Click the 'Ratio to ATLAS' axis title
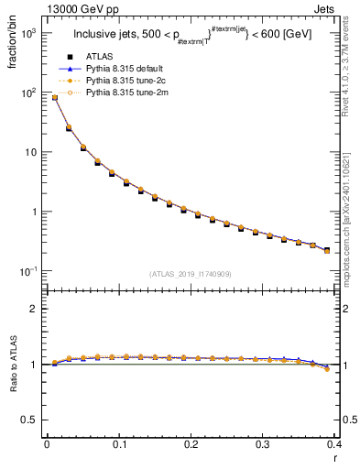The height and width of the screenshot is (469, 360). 12,366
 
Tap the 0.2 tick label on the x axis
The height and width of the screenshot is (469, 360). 191,444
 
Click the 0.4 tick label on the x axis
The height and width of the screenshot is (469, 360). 333,444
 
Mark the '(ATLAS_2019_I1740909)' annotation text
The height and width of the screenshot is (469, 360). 190,275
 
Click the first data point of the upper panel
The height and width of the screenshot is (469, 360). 54,97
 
